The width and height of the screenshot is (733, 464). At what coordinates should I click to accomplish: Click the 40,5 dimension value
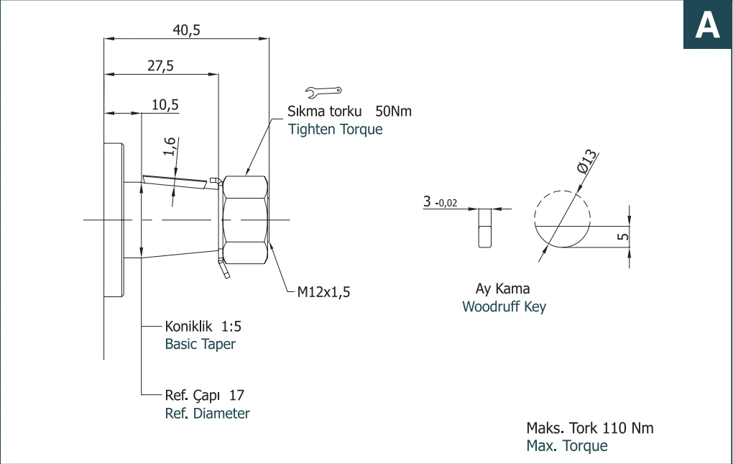(x=187, y=30)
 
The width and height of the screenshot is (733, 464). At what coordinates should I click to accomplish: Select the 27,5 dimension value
(x=160, y=65)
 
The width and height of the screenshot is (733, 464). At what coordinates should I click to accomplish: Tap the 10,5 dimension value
(x=165, y=104)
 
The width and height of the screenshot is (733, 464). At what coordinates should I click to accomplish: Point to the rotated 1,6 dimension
(x=170, y=147)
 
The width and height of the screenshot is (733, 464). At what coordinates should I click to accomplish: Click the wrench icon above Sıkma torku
(x=323, y=91)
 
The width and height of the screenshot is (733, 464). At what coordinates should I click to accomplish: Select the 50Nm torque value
(x=394, y=112)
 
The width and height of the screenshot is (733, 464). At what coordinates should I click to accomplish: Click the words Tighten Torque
(x=335, y=129)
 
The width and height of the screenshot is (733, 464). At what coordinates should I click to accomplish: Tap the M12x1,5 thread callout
(x=323, y=292)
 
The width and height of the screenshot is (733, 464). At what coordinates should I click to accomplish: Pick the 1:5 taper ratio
(x=231, y=326)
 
